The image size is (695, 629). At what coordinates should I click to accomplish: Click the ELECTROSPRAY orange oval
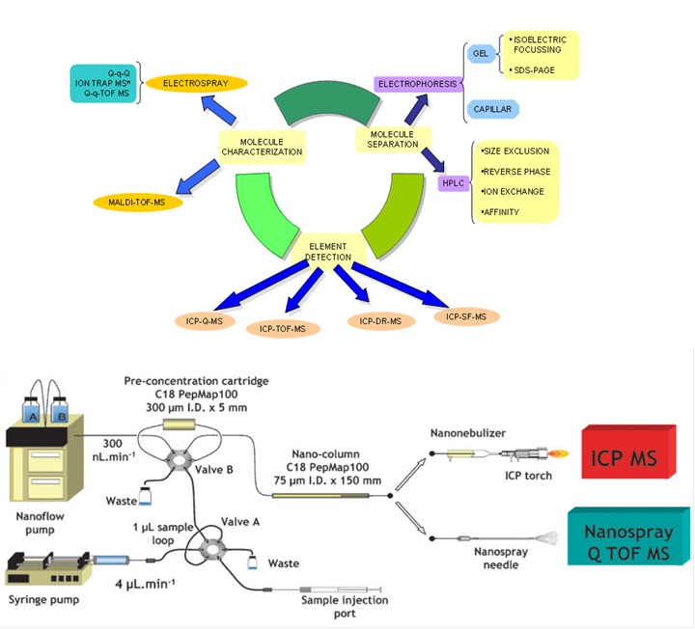click(195, 83)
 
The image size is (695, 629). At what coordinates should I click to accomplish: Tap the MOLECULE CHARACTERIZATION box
click(262, 146)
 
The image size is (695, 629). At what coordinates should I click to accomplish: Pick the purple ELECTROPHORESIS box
click(414, 84)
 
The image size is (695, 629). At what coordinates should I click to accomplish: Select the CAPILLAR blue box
click(491, 109)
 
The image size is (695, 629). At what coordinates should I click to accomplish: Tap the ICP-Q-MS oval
click(204, 321)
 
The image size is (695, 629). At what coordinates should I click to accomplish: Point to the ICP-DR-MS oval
click(380, 320)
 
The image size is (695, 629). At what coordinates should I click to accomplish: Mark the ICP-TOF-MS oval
click(289, 329)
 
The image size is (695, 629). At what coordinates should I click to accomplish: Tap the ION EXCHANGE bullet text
click(514, 191)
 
